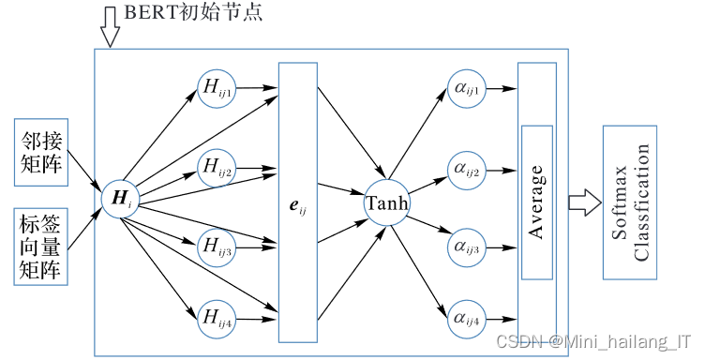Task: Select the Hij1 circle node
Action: [x=217, y=89]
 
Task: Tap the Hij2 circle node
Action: [x=217, y=169]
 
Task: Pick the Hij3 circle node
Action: [x=217, y=247]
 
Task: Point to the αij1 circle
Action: [x=467, y=89]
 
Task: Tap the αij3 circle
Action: [x=467, y=247]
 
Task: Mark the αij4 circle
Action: [x=467, y=319]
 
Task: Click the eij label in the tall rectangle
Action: [x=298, y=202]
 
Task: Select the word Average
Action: [x=536, y=202]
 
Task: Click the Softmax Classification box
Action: [x=630, y=202]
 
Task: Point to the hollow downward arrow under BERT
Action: [x=110, y=30]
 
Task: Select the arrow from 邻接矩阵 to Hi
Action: [x=86, y=174]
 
